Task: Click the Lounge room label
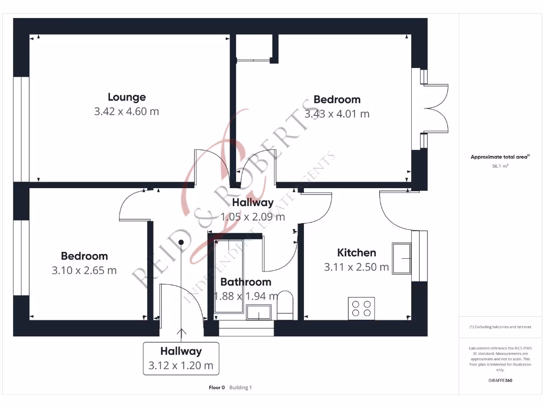[x=126, y=97]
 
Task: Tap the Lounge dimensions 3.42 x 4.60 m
[x=126, y=112]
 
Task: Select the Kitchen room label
[x=356, y=253]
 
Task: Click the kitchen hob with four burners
[x=360, y=309]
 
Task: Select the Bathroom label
[x=245, y=282]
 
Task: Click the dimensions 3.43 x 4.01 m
[x=337, y=114]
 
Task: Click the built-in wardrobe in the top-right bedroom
[x=254, y=48]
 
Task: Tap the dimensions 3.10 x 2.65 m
[x=84, y=270]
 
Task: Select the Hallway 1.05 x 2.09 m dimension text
[x=252, y=217]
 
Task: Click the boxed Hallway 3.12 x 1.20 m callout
[x=181, y=359]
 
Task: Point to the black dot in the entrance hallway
[x=181, y=242]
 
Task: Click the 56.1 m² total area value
[x=500, y=166]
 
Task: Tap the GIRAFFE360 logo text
[x=500, y=380]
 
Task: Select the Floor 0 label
[x=217, y=388]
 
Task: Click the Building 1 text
[x=241, y=388]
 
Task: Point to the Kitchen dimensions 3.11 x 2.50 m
[x=356, y=267]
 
